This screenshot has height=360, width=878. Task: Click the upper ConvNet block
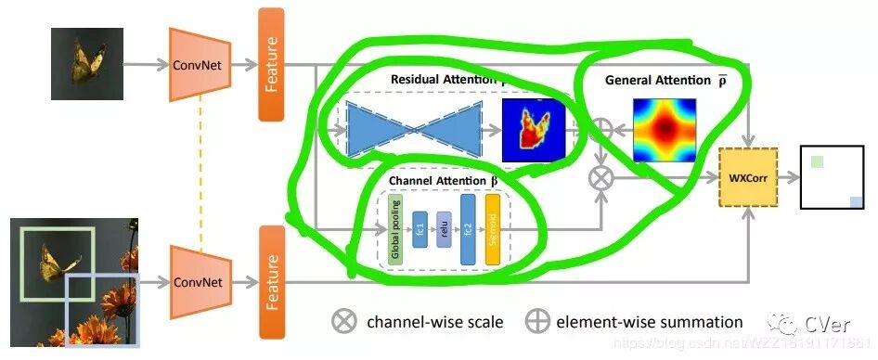[x=198, y=64]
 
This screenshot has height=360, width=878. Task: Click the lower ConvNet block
[x=198, y=278]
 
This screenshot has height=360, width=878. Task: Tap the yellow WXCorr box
[x=748, y=176]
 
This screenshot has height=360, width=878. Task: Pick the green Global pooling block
[x=395, y=227]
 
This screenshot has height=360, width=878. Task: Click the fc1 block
[x=420, y=227]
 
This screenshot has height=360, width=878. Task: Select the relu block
[x=444, y=227]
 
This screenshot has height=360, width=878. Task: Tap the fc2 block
[x=468, y=227]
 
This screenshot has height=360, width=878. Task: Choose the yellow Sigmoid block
[x=492, y=227]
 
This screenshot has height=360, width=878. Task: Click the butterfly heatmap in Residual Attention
[x=533, y=129]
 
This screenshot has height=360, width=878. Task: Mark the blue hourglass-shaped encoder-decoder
[x=414, y=129]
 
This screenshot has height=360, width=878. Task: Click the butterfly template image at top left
[x=87, y=62]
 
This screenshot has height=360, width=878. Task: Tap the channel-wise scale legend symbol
[x=344, y=322]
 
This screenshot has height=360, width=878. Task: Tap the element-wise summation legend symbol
[x=536, y=322]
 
